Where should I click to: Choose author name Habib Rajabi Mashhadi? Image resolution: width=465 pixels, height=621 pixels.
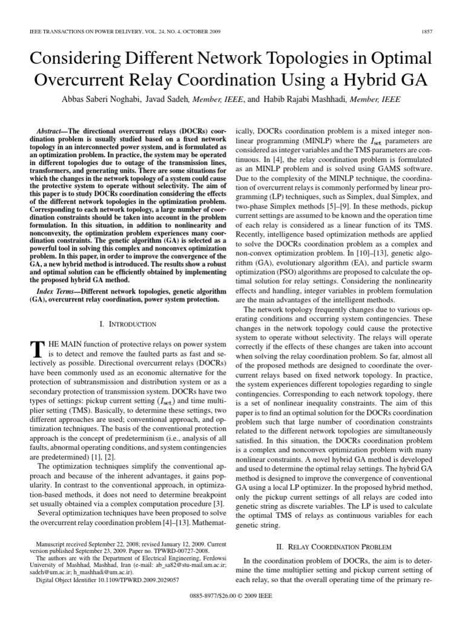[x=308, y=99]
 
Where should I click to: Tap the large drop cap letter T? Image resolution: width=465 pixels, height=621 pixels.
[x=37, y=350]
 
